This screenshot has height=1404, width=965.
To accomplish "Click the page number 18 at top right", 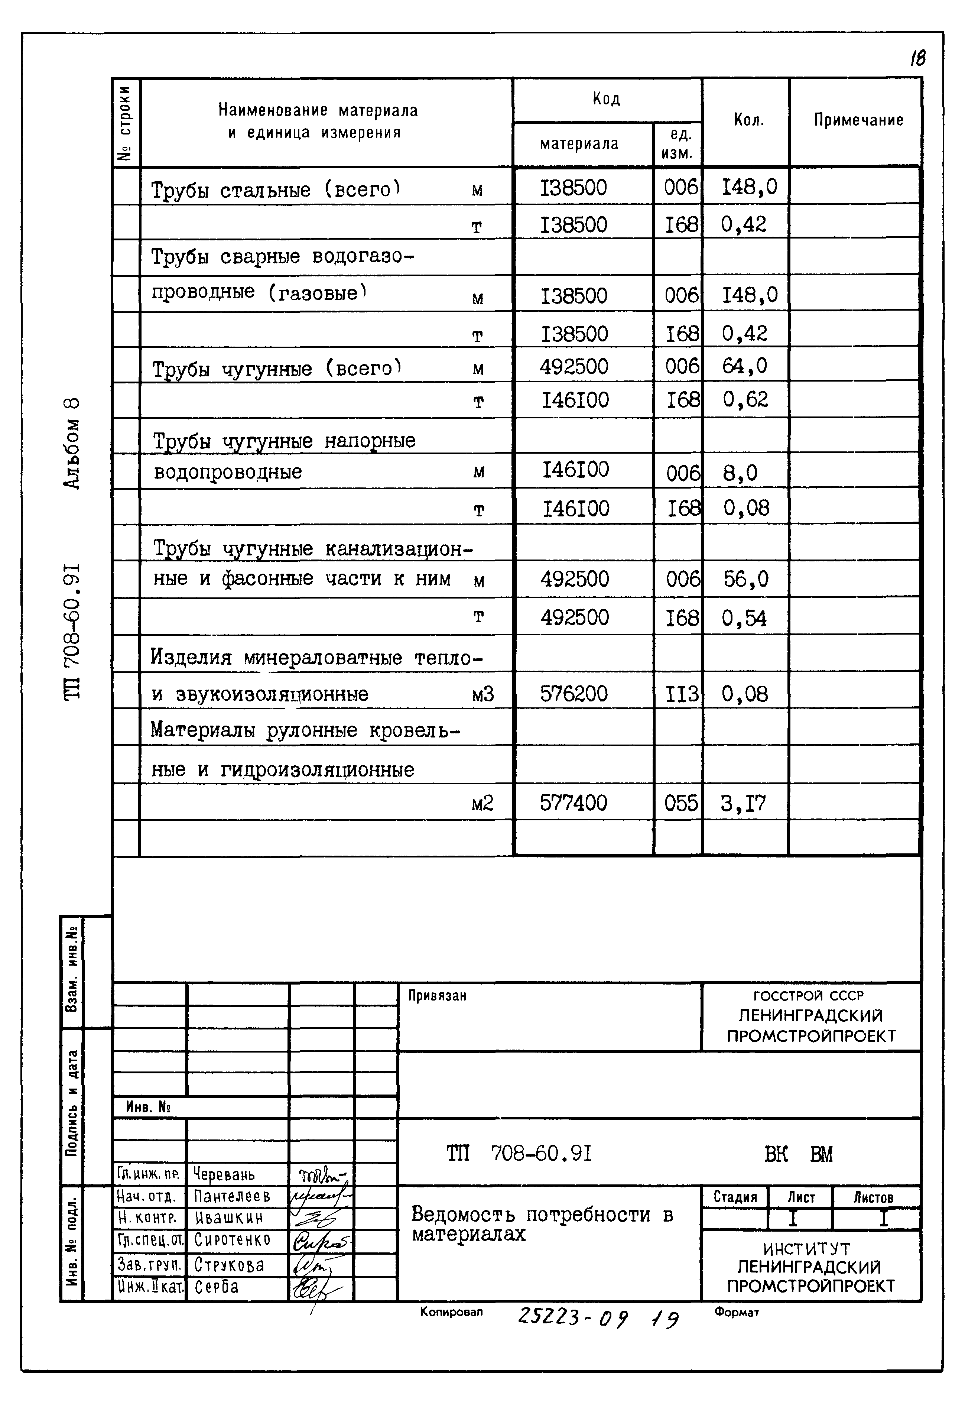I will pyautogui.click(x=917, y=59).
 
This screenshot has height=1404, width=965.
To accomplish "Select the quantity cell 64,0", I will pyautogui.click(x=744, y=366).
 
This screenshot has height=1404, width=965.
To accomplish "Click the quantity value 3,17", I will pyautogui.click(x=743, y=804).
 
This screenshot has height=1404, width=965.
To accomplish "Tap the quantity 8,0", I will pyautogui.click(x=740, y=473).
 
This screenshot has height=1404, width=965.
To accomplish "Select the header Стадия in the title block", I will pyautogui.click(x=735, y=1197).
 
